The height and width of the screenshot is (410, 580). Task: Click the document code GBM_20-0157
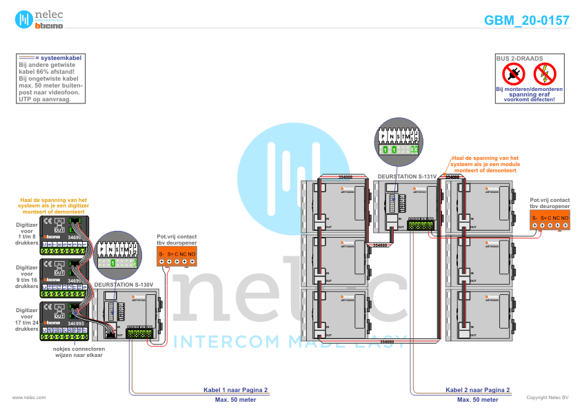click(x=526, y=21)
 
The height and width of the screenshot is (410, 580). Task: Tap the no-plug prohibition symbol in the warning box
click(x=512, y=73)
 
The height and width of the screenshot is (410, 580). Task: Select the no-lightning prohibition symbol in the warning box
click(x=545, y=73)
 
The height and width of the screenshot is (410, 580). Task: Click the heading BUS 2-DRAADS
click(x=519, y=59)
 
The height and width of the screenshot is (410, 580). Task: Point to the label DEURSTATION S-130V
click(x=123, y=284)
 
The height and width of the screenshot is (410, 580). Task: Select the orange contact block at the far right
click(x=550, y=221)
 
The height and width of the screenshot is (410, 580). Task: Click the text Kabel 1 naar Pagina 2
click(x=235, y=389)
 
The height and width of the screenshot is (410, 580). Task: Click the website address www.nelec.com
click(x=29, y=398)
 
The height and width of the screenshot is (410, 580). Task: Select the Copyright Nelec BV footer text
click(x=547, y=398)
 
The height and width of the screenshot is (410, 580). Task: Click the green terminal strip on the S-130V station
click(x=140, y=333)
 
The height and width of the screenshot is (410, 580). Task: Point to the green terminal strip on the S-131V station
click(x=421, y=225)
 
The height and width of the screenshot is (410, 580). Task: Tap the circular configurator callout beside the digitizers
click(x=115, y=256)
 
